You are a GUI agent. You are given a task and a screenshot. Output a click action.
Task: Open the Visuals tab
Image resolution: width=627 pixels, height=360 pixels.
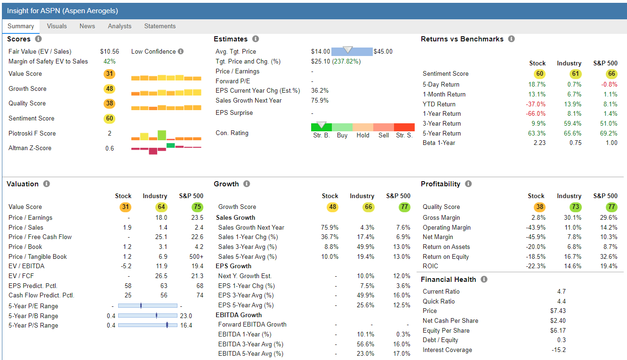[x=56, y=26]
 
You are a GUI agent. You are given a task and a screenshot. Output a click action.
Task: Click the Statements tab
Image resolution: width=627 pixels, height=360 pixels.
[x=160, y=26]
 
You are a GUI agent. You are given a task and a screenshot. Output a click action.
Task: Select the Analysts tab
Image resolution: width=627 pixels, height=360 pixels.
[x=120, y=26]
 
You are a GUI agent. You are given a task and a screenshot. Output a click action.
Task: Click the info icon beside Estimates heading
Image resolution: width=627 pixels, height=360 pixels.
[x=256, y=39]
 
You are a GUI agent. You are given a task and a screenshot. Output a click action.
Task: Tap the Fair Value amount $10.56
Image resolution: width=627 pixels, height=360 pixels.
[x=109, y=52]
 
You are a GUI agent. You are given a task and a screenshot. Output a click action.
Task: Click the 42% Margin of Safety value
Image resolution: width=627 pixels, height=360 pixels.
[x=109, y=62]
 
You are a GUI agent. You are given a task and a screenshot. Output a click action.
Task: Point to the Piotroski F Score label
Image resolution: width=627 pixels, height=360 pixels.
[x=32, y=134]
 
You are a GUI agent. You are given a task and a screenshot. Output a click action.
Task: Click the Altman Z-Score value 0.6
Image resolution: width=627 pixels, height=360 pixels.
[x=109, y=148]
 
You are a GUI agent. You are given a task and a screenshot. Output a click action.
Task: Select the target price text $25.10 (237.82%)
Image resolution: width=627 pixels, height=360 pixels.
[x=336, y=62]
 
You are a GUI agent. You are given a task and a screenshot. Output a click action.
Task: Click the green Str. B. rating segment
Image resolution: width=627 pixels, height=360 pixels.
[x=321, y=128]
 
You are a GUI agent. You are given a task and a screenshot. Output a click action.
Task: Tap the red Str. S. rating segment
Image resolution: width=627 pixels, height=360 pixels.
[x=404, y=128]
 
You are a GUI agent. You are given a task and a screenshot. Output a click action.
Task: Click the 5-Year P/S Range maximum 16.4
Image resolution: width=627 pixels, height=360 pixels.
[x=186, y=326]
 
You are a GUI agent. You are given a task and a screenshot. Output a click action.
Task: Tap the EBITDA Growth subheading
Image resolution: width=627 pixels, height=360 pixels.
[x=239, y=315]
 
